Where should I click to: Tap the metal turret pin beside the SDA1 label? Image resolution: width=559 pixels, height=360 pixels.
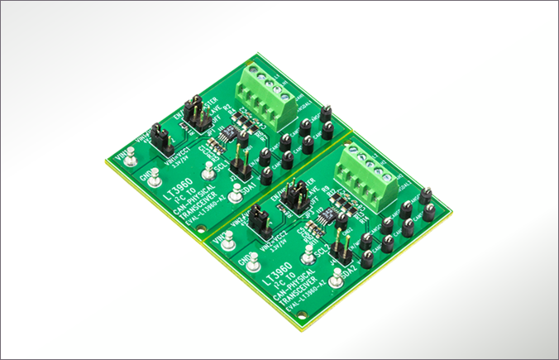(x=236, y=194)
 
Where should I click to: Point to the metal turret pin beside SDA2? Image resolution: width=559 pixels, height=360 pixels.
(x=337, y=281)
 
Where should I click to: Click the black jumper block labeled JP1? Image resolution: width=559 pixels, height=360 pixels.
(x=194, y=113)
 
